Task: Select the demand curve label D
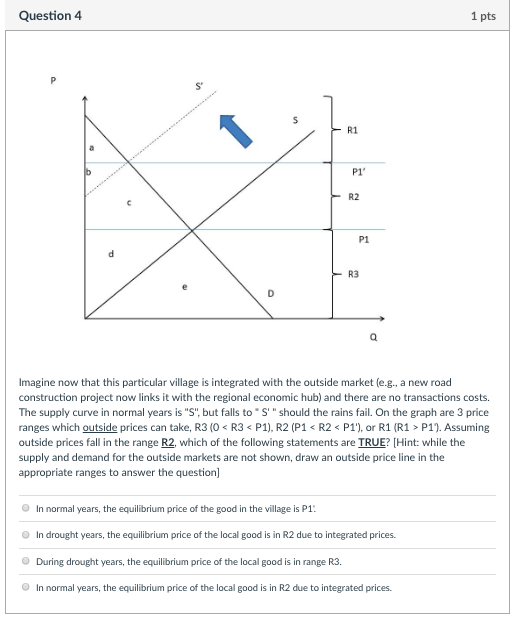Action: coord(267,292)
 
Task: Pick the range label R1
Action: coord(353,130)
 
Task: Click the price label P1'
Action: coord(358,173)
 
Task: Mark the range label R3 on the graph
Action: coord(353,273)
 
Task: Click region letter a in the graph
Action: coord(93,147)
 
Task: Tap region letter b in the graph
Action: coord(90,172)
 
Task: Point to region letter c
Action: coord(127,205)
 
